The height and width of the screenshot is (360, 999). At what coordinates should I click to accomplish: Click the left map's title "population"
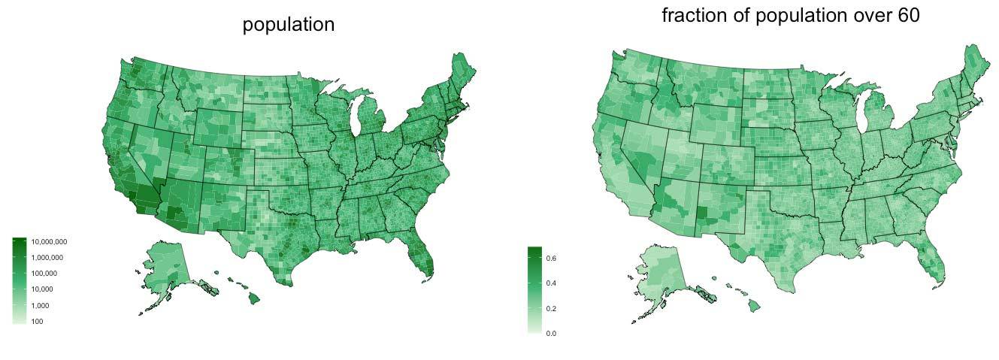tap(288, 24)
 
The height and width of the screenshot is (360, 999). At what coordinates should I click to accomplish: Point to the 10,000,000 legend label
tap(49, 242)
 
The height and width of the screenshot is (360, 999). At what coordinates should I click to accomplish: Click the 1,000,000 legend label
tap(47, 258)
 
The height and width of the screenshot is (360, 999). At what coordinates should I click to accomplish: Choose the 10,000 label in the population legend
tap(43, 289)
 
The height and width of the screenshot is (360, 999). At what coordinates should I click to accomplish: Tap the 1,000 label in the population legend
tap(41, 306)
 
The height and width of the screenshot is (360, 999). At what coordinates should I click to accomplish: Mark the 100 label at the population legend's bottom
tap(38, 322)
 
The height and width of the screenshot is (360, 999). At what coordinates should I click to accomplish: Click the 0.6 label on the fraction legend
tap(551, 258)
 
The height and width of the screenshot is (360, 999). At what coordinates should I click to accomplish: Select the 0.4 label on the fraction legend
tap(551, 283)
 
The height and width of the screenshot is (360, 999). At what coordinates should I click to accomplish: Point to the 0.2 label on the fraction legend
tap(551, 309)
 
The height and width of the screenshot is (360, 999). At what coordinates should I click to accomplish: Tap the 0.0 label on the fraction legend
tap(551, 333)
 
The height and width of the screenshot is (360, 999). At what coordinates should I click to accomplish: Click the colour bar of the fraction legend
tap(534, 289)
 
